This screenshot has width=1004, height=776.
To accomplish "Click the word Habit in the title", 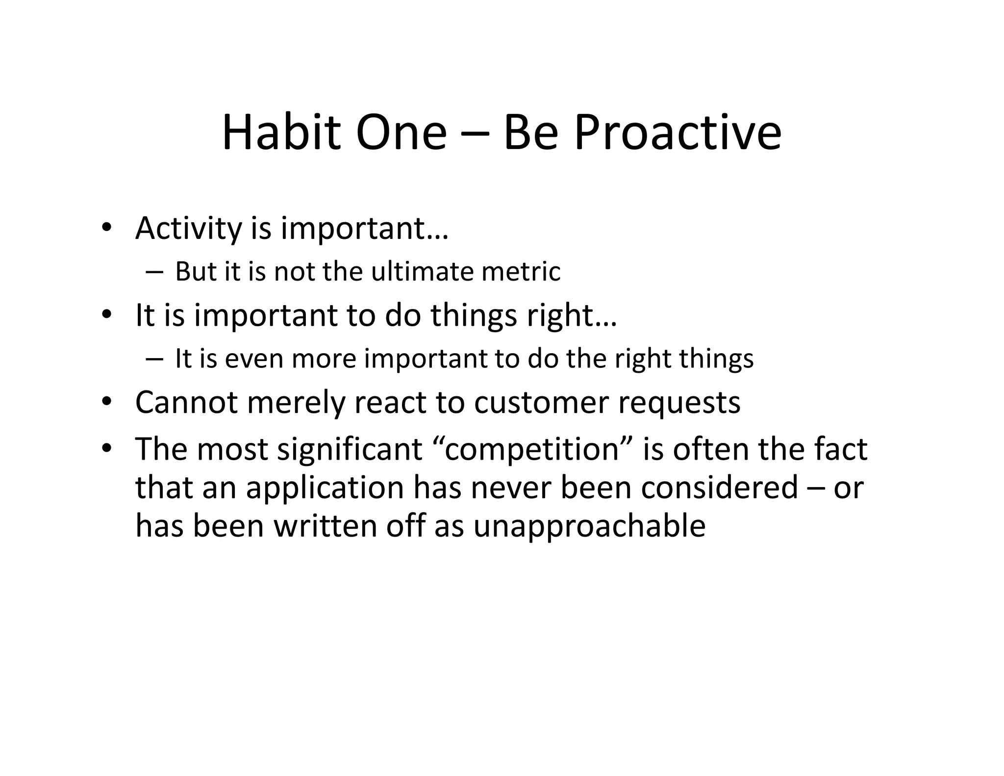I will point(281,132).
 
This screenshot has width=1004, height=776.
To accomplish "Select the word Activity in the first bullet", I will point(189,229).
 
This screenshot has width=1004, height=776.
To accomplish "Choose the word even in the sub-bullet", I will point(254,359).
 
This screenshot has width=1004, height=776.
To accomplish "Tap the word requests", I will point(679,403).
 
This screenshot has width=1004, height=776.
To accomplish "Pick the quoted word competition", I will point(533,450).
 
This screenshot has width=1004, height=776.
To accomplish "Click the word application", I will point(325,489).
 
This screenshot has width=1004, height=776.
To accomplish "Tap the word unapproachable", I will point(589,526).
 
